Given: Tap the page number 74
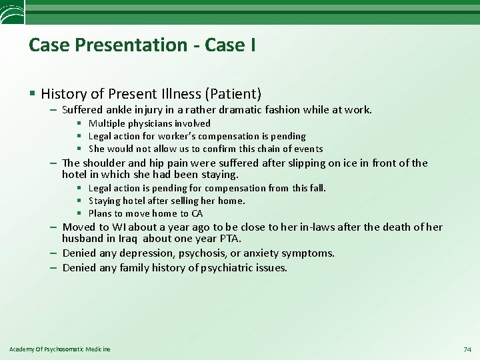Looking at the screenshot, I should pos(467,349).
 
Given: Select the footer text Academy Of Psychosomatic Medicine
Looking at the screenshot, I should pos(60,349).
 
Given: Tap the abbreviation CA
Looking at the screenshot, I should pos(197,213).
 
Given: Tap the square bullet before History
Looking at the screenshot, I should pos(31,93).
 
